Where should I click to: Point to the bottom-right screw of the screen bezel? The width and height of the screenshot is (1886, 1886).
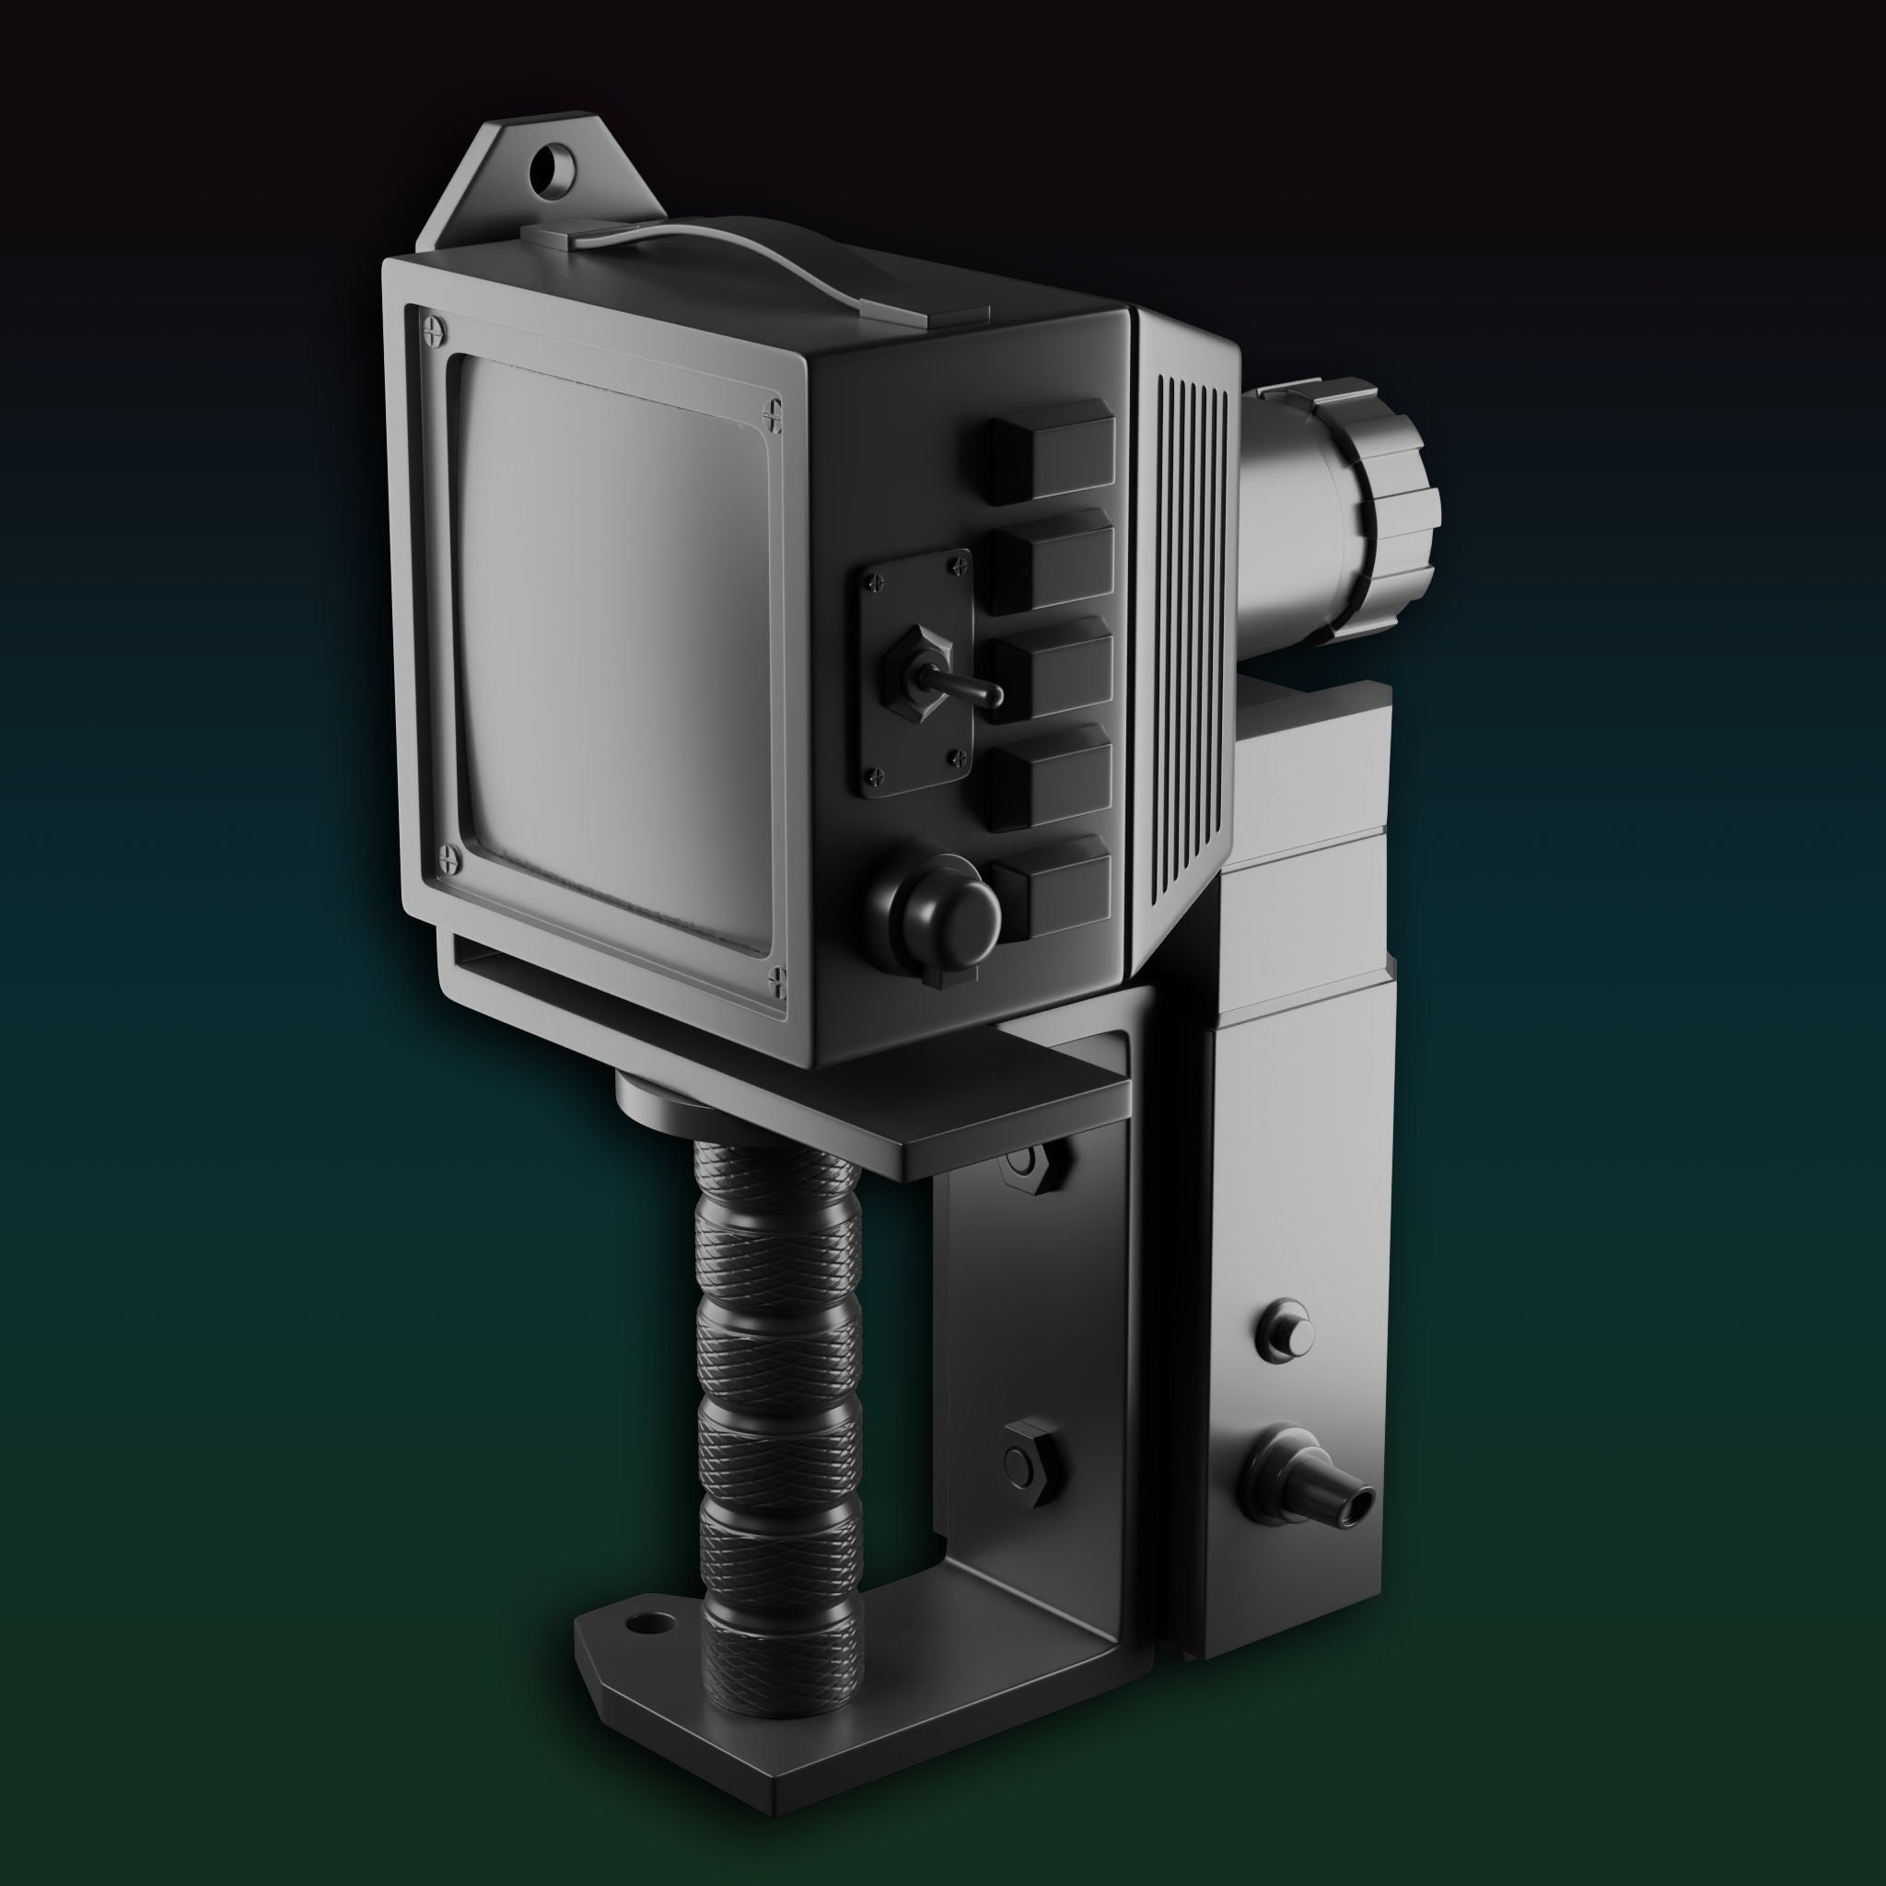pos(778,977)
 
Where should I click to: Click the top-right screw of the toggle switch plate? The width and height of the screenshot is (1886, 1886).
pos(954,564)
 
